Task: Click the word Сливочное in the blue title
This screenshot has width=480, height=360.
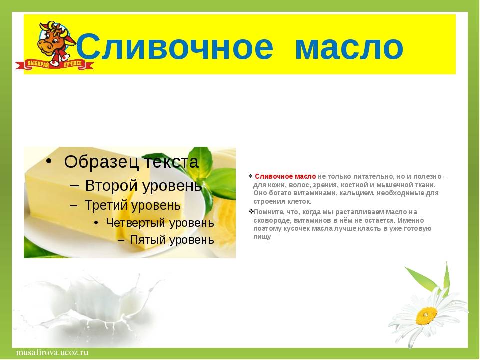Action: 175,47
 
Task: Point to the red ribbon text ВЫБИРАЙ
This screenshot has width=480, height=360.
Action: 38,64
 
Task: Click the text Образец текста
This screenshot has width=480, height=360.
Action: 131,161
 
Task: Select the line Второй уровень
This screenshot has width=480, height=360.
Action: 143,185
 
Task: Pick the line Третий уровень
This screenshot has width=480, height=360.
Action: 133,205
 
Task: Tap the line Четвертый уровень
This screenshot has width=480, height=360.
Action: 160,223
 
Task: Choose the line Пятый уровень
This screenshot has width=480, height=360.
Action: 172,239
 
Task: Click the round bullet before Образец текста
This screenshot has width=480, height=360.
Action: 48,161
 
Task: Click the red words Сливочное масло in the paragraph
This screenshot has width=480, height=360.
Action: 285,176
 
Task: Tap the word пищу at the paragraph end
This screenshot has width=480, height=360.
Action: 262,237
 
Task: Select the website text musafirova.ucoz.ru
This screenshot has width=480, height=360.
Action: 52,352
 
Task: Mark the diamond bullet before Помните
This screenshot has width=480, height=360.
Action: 251,211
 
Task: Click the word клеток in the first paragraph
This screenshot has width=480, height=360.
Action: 300,201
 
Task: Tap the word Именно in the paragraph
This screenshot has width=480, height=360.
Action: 411,220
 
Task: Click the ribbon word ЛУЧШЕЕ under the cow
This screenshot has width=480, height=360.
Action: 73,64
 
